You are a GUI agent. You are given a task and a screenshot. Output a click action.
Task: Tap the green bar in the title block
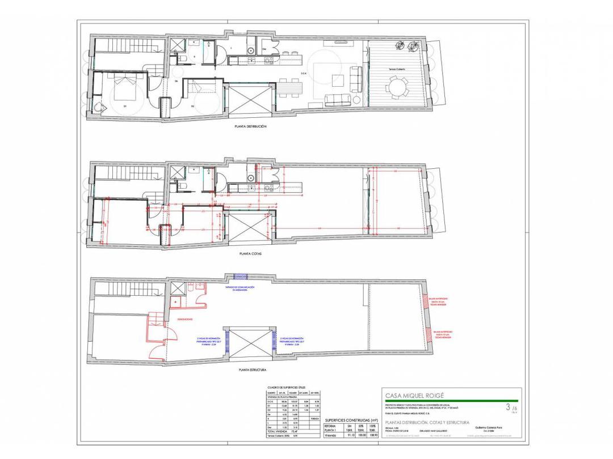pos(451,401)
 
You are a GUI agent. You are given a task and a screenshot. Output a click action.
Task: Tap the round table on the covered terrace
pos(398,87)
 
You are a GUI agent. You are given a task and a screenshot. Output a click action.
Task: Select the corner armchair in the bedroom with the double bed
pos(100,107)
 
